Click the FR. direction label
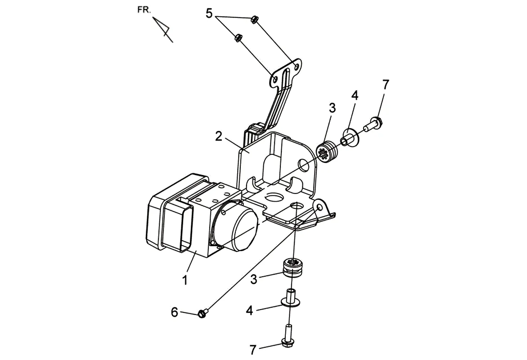(x=144, y=10)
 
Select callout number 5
(x=209, y=14)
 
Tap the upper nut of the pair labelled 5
(x=254, y=20)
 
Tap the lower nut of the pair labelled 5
(x=238, y=37)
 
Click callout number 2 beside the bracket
(x=219, y=136)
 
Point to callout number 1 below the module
(x=185, y=280)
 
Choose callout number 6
(x=175, y=312)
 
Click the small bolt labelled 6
(x=203, y=314)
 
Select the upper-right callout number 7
(x=386, y=85)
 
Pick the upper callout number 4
(x=355, y=95)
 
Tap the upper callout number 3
(x=332, y=108)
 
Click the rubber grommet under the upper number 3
(x=327, y=152)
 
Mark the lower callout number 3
(x=254, y=279)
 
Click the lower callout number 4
(x=249, y=310)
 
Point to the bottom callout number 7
(x=253, y=350)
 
